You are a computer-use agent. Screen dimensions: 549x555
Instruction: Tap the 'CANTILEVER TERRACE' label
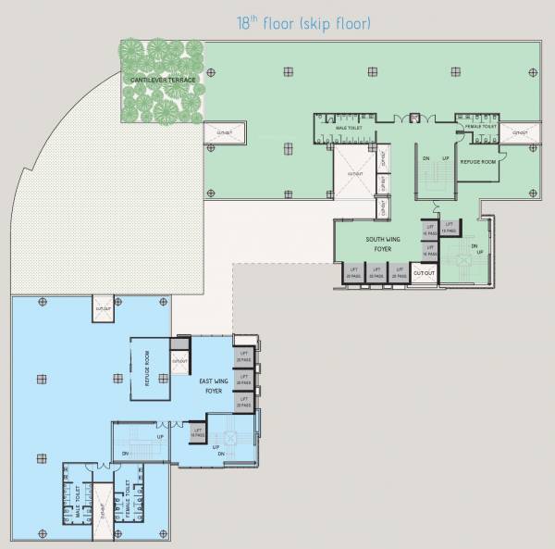[163, 81]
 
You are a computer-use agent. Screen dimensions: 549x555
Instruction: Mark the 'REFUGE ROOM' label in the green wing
[479, 161]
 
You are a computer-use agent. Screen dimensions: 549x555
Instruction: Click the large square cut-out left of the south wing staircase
[354, 173]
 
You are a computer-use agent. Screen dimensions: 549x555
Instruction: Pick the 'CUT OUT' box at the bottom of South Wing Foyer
[424, 273]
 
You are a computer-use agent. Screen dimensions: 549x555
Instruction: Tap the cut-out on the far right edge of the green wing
[520, 133]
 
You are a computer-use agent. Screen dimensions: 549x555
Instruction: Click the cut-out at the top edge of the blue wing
[104, 308]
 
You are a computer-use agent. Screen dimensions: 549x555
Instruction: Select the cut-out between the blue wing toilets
[102, 508]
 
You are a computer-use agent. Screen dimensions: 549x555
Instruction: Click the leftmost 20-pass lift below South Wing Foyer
[352, 273]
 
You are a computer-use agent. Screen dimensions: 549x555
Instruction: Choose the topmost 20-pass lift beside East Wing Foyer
[244, 357]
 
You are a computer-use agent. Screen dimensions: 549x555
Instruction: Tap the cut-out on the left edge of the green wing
[223, 133]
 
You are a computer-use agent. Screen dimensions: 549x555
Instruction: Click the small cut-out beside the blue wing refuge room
[179, 361]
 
